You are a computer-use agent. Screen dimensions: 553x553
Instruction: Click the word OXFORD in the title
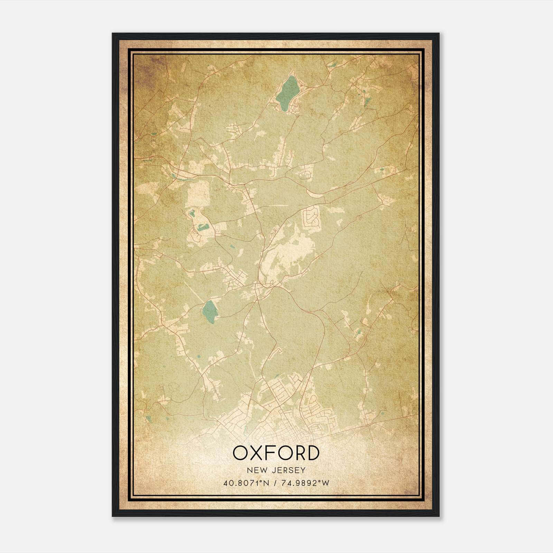click(x=275, y=453)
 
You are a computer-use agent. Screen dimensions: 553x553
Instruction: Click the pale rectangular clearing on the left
click(x=198, y=194)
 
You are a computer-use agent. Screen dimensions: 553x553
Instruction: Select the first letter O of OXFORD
click(x=240, y=453)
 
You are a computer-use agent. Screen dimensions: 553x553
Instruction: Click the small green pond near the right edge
click(x=382, y=169)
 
